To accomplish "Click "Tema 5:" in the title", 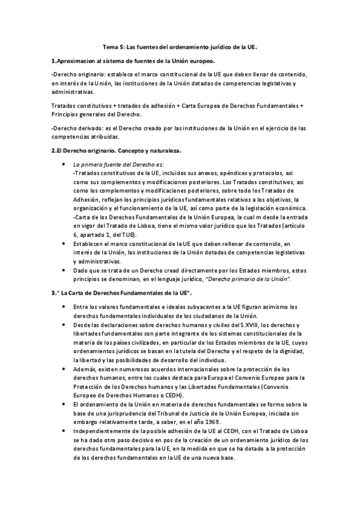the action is coord(113,46).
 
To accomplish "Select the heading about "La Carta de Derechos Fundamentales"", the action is coord(121,293).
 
